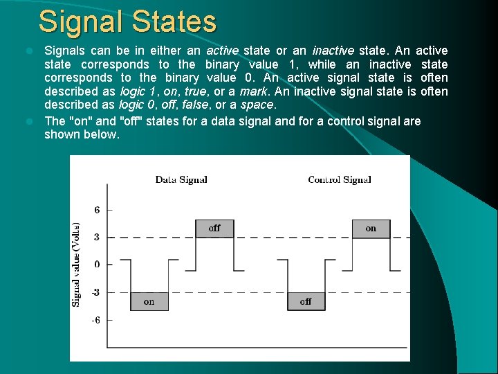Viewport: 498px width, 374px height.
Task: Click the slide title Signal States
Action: pos(127,21)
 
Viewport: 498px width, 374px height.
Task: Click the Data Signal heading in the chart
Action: pos(181,179)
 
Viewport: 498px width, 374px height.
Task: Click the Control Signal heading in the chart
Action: pos(340,179)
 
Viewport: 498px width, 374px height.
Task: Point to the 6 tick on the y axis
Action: pos(97,209)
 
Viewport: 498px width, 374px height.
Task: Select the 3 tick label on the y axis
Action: pos(97,237)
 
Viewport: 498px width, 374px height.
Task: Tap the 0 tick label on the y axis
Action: pos(97,264)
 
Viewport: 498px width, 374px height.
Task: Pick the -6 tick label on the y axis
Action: pos(96,320)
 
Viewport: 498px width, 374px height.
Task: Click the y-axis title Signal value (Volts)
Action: pos(76,265)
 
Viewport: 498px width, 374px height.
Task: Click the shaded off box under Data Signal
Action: pos(214,228)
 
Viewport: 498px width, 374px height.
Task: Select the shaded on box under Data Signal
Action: pos(149,301)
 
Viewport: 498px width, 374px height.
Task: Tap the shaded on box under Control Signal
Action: pos(371,228)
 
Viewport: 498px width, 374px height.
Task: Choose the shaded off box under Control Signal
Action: pos(306,301)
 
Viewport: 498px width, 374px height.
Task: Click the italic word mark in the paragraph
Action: pos(253,91)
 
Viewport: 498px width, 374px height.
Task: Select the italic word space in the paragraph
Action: pos(257,105)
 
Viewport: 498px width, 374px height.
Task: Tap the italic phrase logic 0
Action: pos(138,105)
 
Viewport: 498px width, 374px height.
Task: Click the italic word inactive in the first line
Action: pos(333,51)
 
